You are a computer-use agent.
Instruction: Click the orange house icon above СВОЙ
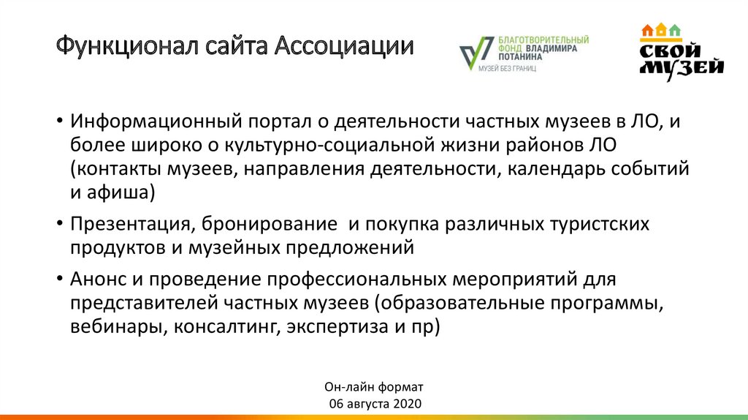pyautogui.click(x=646, y=31)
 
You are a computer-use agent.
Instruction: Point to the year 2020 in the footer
pyautogui.click(x=408, y=404)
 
